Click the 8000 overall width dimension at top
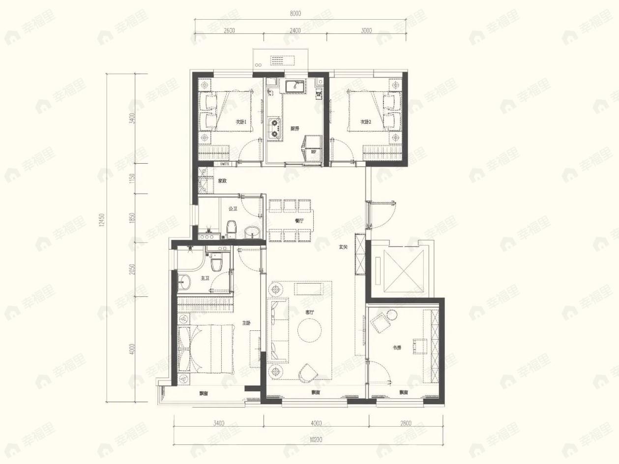pos(295,14)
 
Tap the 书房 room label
pos(397,348)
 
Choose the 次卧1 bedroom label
pos(240,121)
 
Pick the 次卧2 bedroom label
pos(364,121)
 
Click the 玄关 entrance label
pos(343,247)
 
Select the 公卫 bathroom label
pos(233,209)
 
